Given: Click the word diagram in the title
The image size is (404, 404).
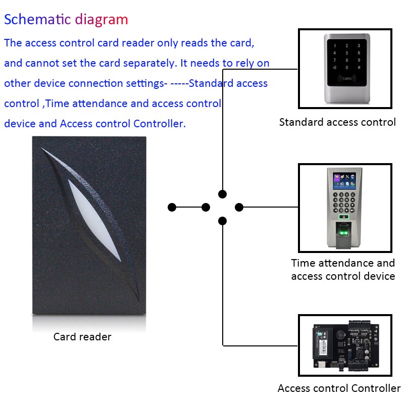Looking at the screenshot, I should pyautogui.click(x=102, y=20).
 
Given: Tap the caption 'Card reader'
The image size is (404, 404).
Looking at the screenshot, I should pyautogui.click(x=82, y=336).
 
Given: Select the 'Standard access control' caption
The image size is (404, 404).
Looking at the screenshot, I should pyautogui.click(x=337, y=122).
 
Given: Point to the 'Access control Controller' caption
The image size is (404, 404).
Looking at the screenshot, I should pyautogui.click(x=339, y=388).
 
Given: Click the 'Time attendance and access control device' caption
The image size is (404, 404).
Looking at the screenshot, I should pyautogui.click(x=343, y=270).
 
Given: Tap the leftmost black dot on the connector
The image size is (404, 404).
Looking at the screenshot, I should pyautogui.click(x=172, y=207).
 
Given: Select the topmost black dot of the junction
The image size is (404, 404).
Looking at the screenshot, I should pyautogui.click(x=223, y=194).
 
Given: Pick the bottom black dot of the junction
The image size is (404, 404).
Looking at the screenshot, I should pyautogui.click(x=223, y=221).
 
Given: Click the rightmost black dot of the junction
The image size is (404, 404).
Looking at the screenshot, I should pyautogui.click(x=239, y=207).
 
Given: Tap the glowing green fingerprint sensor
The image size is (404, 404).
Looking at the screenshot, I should pyautogui.click(x=344, y=233).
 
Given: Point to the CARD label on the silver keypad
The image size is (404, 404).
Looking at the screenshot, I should pyautogui.click(x=346, y=79).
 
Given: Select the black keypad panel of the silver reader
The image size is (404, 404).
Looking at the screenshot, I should pyautogui.click(x=346, y=63).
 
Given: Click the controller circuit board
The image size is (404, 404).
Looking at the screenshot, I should pyautogui.click(x=344, y=345).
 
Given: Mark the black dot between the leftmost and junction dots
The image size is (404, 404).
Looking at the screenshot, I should pyautogui.click(x=206, y=207).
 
